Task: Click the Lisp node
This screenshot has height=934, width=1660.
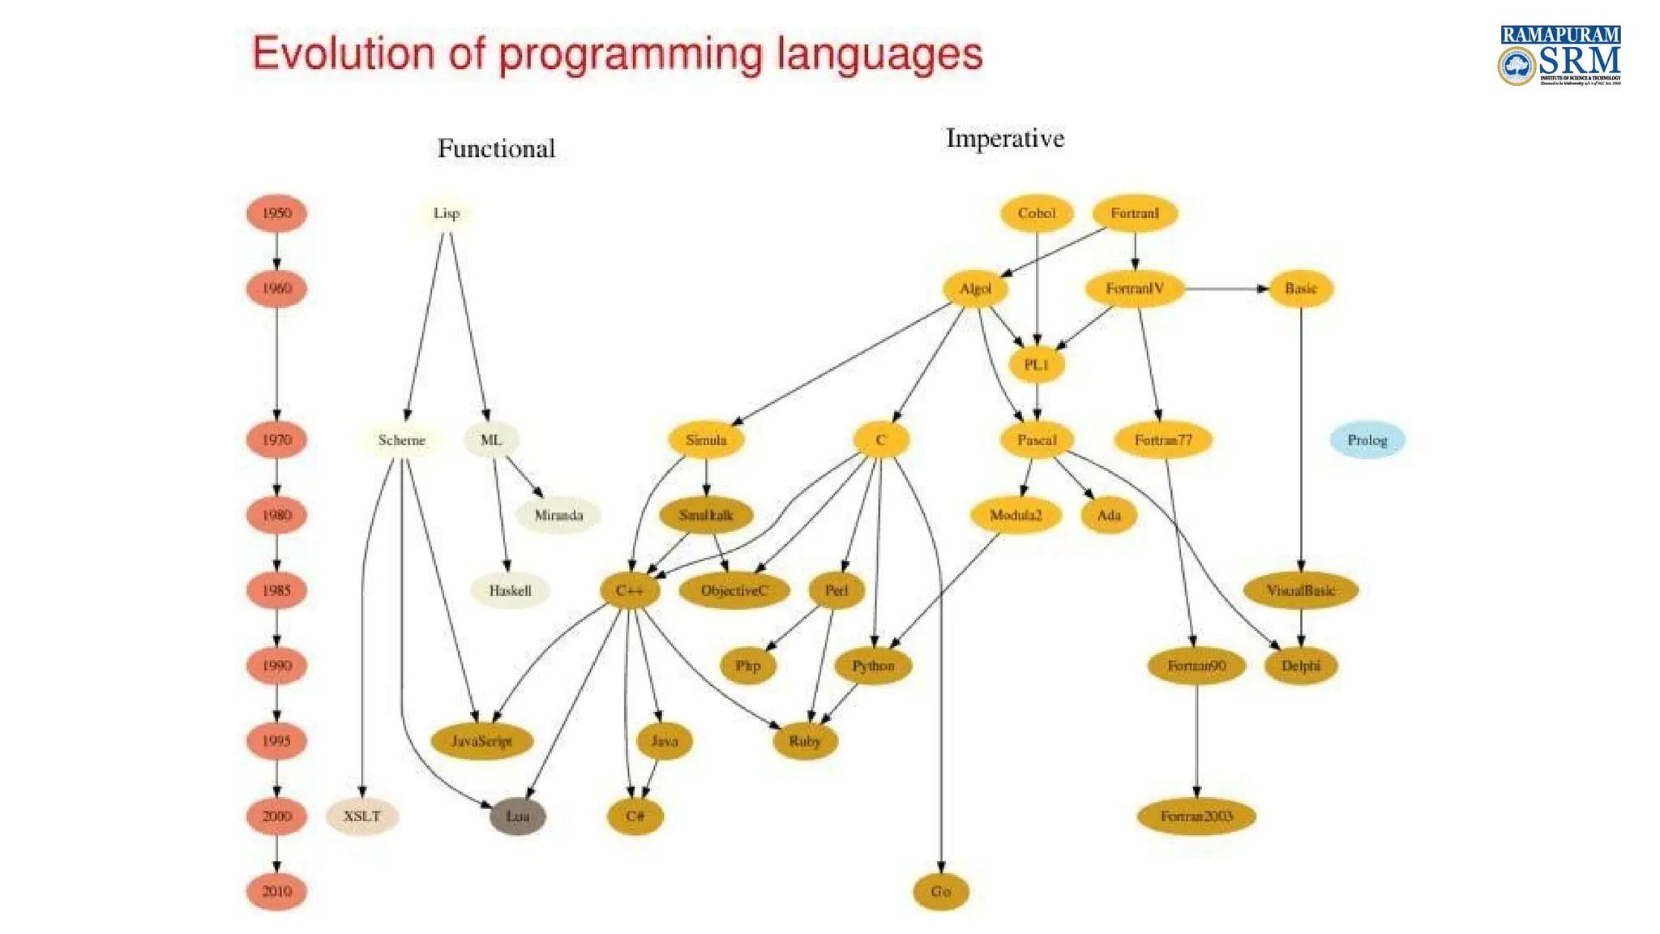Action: [447, 213]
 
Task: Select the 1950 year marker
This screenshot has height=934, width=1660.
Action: [276, 213]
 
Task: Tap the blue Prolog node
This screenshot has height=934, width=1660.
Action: [1367, 440]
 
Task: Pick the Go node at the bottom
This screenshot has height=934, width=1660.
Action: [940, 892]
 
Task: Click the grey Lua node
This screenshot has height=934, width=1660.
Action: [517, 816]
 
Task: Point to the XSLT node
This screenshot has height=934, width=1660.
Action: [362, 816]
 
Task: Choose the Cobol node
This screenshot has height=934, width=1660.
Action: [1037, 213]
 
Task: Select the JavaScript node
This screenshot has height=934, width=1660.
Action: [481, 741]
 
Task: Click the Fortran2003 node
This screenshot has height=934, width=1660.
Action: [1196, 816]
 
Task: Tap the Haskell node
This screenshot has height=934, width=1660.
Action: [510, 590]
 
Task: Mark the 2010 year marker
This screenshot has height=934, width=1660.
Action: [276, 892]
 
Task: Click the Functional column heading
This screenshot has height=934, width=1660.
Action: [496, 148]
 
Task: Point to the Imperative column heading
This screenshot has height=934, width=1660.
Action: [1004, 139]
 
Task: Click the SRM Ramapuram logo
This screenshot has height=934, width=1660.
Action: [1559, 55]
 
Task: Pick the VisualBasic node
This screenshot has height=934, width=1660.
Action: [1301, 590]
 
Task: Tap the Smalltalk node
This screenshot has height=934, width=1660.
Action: [706, 515]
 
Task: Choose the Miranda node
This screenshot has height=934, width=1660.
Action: [558, 515]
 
